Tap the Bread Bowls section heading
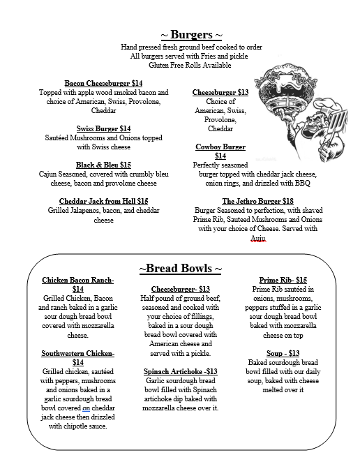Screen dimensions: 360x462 pos(181,269)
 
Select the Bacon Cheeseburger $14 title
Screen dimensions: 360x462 pos(103,82)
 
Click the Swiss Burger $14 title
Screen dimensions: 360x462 pos(103,128)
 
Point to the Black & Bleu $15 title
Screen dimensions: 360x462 pos(103,165)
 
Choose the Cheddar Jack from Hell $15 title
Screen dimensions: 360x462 pos(103,201)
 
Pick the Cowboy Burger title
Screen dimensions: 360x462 pos(220,147)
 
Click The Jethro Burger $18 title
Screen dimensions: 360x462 pos(257,201)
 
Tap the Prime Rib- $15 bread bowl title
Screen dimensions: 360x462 pos(282,280)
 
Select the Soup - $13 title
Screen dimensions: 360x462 pos(283,352)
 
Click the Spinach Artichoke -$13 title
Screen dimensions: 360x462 pos(181,371)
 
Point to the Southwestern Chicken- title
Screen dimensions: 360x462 pos(78,353)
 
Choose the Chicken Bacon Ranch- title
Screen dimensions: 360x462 pos(78,280)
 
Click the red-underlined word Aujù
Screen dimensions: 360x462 pos(258,238)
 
